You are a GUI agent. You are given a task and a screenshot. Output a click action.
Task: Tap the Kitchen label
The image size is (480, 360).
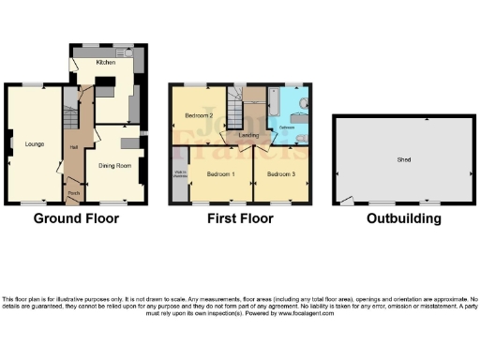click(x=106, y=62)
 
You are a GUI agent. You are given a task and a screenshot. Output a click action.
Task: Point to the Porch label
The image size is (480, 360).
click(x=72, y=195)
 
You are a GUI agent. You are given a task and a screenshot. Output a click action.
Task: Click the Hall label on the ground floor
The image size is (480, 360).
click(x=73, y=147)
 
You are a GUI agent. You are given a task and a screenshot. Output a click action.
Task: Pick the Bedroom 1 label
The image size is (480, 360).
click(x=221, y=174)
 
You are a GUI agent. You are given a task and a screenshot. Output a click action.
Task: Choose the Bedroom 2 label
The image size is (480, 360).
click(x=198, y=115)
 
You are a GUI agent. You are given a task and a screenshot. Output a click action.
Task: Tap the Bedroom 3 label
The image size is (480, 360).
click(x=280, y=174)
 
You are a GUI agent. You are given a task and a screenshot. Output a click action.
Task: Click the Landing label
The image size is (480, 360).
click(x=248, y=137)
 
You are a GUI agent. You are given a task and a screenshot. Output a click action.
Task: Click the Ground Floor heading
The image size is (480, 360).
click(x=76, y=219)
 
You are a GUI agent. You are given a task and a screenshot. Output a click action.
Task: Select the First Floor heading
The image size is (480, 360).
click(x=240, y=219)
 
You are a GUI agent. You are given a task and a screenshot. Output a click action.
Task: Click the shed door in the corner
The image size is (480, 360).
click(x=346, y=200)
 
